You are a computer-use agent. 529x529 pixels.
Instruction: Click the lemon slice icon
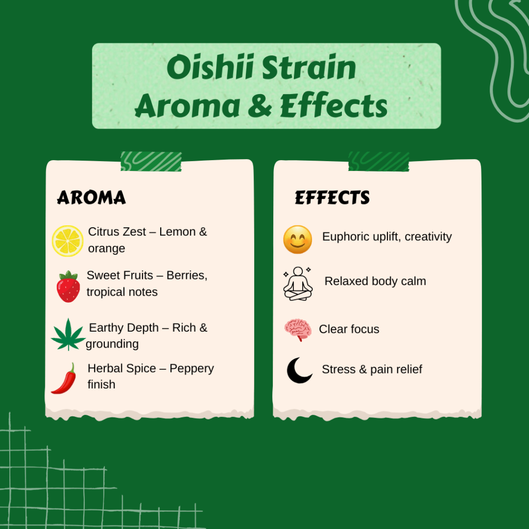tap(68, 241)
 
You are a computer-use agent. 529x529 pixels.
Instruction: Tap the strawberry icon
tap(68, 286)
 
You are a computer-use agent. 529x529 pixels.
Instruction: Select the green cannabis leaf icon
tap(68, 335)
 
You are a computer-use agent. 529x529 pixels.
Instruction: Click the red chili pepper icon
tap(64, 378)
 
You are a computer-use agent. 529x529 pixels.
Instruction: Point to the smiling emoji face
tap(298, 240)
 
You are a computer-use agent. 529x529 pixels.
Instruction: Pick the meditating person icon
tap(298, 284)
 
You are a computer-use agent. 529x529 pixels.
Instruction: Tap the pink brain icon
tap(298, 330)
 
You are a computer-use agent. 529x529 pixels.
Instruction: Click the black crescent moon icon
tap(299, 370)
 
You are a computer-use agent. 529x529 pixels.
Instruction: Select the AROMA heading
tap(91, 197)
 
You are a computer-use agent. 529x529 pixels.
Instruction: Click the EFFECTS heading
tap(332, 197)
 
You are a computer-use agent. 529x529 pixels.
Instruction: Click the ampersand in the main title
tap(260, 105)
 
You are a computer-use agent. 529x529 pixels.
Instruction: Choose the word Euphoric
tap(346, 237)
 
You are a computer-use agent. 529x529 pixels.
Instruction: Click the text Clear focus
tap(349, 329)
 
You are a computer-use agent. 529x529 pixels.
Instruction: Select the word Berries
tap(187, 275)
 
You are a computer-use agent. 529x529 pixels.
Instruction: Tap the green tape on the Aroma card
tap(151, 161)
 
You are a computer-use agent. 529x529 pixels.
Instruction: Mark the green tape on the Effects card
tap(379, 161)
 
